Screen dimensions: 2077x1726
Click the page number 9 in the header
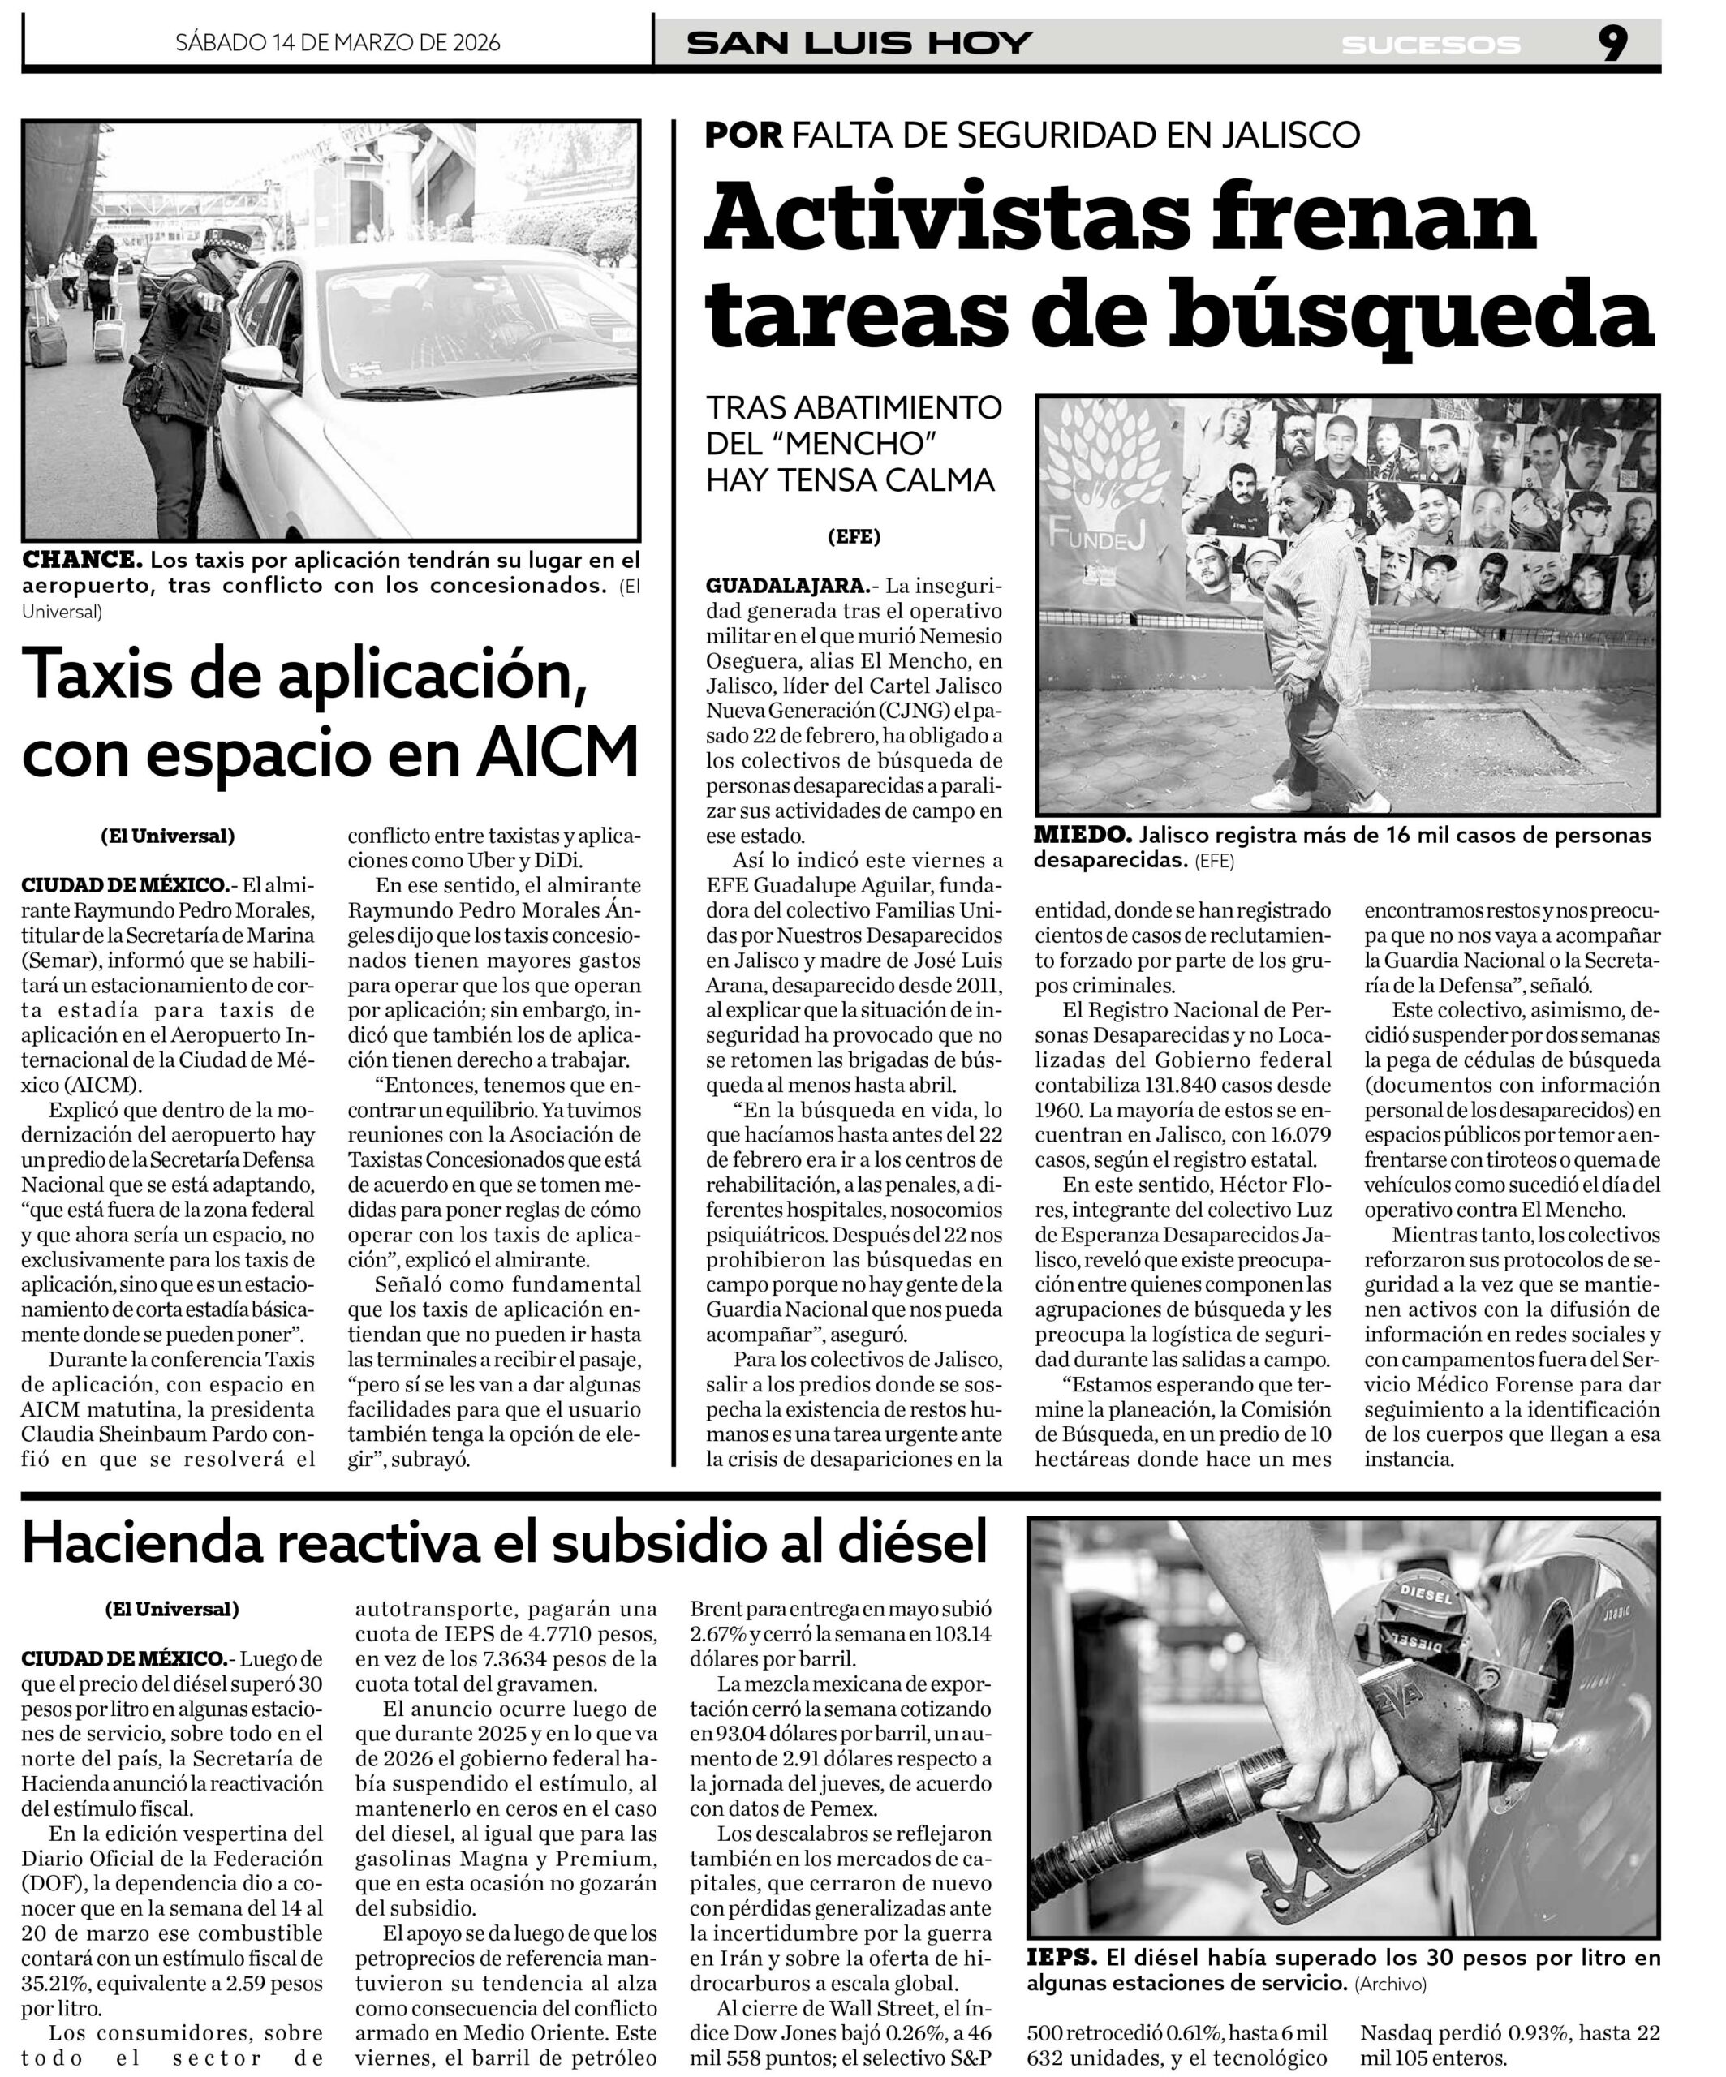(1612, 44)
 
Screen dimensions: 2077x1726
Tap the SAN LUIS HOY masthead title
(859, 44)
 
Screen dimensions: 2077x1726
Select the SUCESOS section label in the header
(1431, 45)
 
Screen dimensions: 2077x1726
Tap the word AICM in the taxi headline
(559, 754)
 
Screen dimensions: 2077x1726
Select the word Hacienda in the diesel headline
(170, 1541)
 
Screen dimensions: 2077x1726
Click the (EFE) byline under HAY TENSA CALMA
(854, 537)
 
